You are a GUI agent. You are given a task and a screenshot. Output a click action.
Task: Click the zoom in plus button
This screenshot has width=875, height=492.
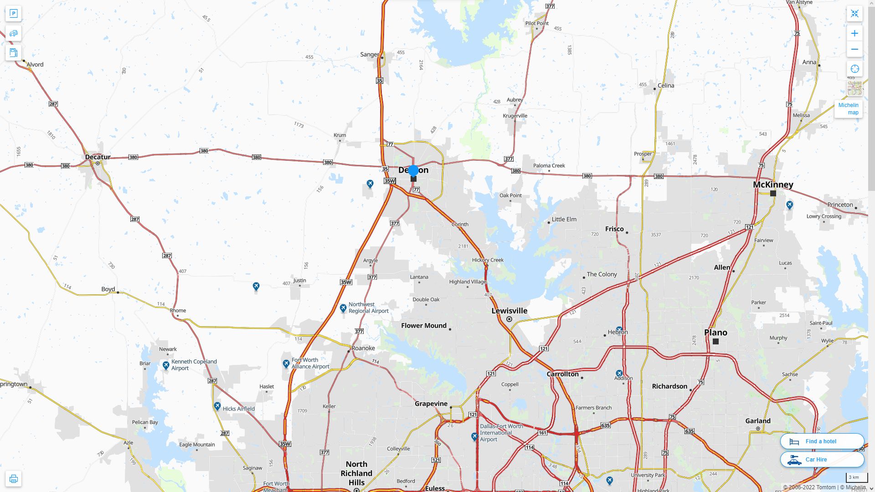tap(854, 33)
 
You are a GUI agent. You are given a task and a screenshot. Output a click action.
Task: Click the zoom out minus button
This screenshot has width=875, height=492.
tap(854, 49)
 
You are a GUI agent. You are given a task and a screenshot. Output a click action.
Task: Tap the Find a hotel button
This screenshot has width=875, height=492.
tap(822, 441)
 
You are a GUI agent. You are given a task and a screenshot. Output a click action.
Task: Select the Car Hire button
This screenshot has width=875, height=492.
tap(822, 460)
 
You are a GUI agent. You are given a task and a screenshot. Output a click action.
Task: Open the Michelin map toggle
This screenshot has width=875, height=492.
tap(848, 109)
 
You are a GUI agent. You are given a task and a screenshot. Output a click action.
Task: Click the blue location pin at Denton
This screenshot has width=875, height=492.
tap(413, 171)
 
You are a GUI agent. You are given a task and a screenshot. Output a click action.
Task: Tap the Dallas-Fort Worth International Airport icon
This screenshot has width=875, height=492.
tap(474, 437)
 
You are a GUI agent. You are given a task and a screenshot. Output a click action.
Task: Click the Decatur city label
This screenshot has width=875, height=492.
tap(98, 157)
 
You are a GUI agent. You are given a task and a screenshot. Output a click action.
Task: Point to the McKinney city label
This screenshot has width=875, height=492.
tap(773, 184)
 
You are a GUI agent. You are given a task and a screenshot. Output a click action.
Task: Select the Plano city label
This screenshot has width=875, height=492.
tap(715, 333)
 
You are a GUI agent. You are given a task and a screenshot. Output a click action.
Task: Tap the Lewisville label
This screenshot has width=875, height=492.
tap(509, 311)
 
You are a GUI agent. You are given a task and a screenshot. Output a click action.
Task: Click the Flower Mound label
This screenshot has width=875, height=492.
tap(424, 326)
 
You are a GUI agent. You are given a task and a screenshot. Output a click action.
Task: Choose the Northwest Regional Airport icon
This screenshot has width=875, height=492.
tap(343, 308)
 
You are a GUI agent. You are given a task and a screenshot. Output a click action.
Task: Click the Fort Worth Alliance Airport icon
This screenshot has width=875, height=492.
tap(286, 364)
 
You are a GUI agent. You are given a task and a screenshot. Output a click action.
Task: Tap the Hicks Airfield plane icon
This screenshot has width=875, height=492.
tap(217, 406)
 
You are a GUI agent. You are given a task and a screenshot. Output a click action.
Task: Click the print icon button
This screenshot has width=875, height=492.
tap(13, 479)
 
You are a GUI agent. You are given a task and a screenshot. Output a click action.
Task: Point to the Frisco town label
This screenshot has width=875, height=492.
tap(614, 229)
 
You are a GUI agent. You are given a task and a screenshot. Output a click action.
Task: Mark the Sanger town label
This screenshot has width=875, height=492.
tap(369, 55)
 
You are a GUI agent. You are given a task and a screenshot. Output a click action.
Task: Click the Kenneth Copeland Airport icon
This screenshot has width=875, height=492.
tap(166, 365)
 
